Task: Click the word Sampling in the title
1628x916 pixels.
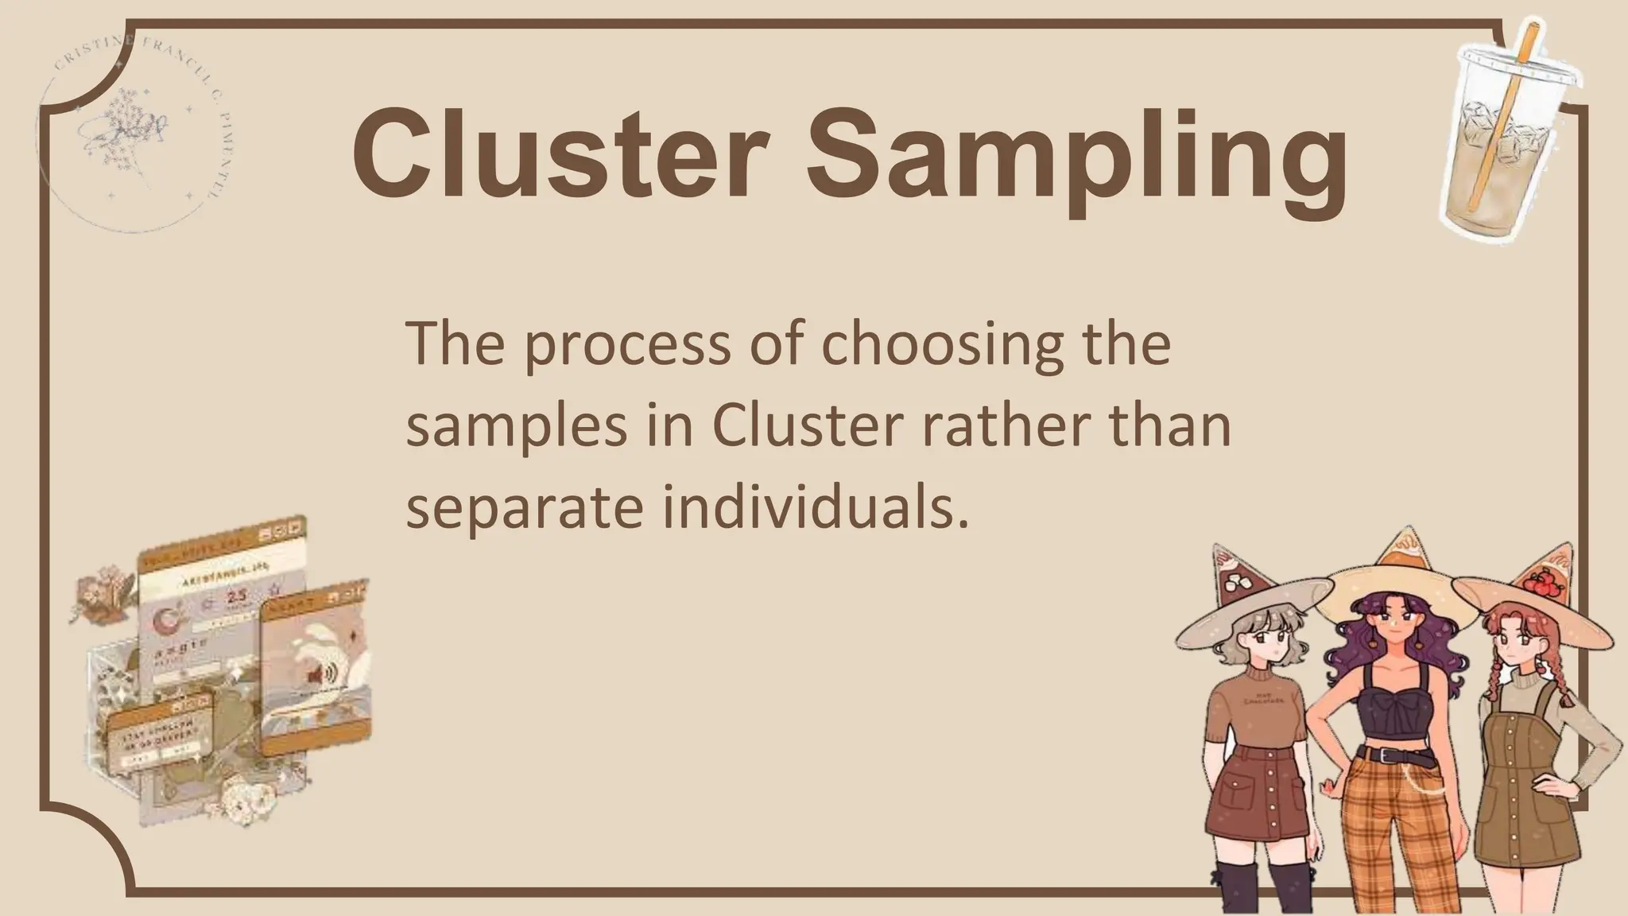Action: [x=1076, y=159]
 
